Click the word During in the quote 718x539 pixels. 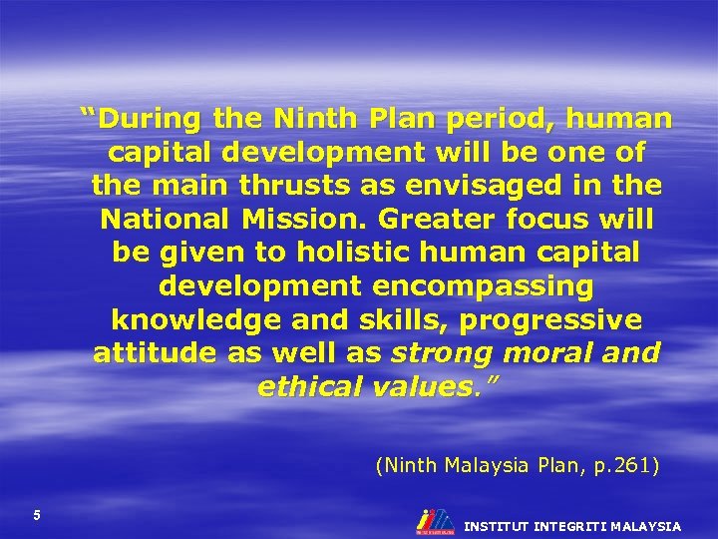(151, 120)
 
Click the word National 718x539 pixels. (164, 219)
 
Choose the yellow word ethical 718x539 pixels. (311, 386)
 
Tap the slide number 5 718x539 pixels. (37, 515)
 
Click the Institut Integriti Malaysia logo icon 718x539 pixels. (435, 520)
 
